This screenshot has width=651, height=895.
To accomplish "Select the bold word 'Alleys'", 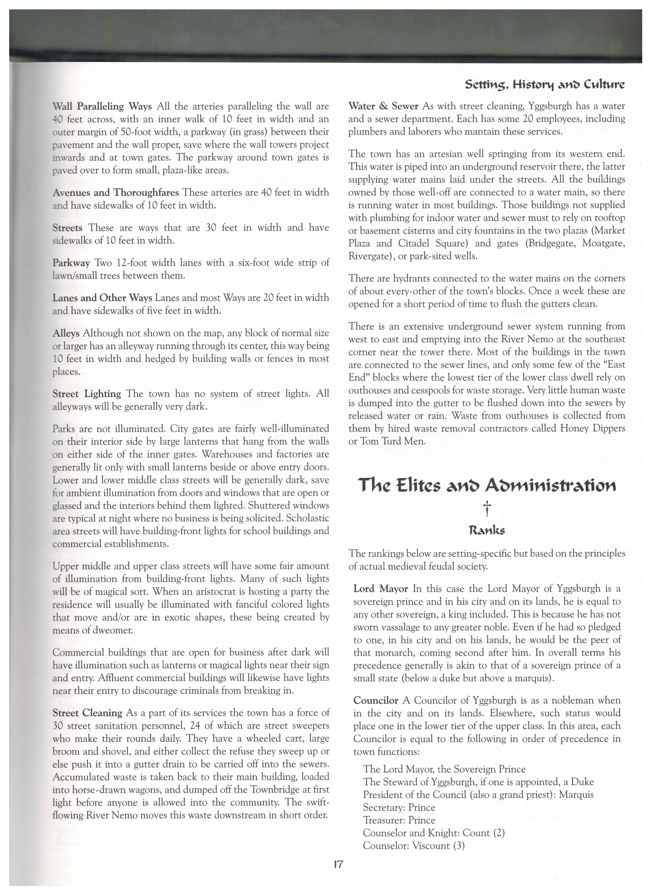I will pos(66,333).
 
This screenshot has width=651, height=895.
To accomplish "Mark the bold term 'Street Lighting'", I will pos(87,394).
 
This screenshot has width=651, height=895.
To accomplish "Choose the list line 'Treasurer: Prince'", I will pos(399,820).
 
